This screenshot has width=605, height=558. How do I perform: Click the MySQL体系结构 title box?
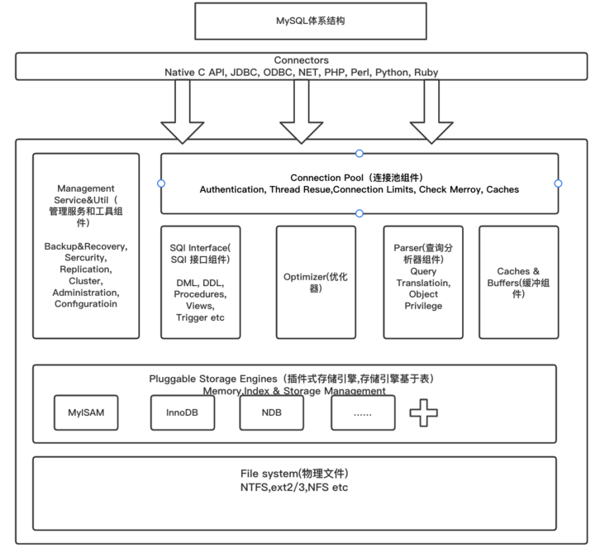tap(311, 21)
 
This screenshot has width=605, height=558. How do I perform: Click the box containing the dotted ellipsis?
tap(363, 413)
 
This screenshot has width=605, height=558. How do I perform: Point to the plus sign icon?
tap(424, 413)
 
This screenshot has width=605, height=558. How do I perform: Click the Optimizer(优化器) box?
tap(316, 282)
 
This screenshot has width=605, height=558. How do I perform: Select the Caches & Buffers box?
tap(518, 282)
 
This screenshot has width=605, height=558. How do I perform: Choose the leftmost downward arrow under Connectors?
tap(182, 112)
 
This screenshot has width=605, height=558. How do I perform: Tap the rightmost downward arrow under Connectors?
tap(431, 112)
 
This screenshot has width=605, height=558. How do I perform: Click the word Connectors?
tap(301, 60)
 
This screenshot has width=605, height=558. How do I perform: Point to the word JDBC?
tap(244, 73)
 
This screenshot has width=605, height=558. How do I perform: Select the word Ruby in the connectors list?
tap(426, 73)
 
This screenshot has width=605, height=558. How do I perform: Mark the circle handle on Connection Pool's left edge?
tap(161, 184)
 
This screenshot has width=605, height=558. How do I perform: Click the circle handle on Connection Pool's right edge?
tap(558, 184)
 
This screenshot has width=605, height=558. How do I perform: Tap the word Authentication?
tap(232, 189)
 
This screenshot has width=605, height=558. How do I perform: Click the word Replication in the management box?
tap(86, 269)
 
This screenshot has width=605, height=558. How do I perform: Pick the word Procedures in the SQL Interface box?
tap(201, 293)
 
